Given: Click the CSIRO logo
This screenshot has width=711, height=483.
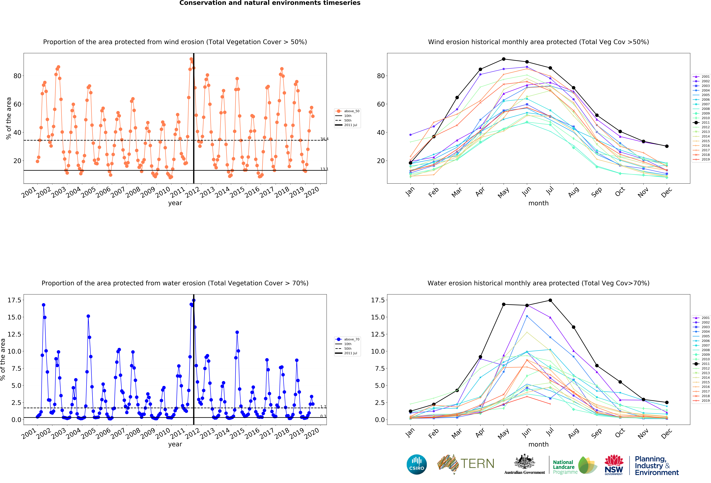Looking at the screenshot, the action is tap(417, 464).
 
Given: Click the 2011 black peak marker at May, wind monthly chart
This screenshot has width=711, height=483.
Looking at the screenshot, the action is tap(504, 59).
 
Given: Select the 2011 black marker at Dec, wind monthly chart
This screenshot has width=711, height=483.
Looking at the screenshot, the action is tap(667, 146).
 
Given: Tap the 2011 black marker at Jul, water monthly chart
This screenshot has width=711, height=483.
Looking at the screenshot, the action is tap(550, 300).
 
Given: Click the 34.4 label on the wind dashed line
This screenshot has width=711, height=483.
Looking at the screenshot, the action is tap(324, 139).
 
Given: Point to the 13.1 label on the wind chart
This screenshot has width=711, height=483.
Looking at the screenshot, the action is tap(324, 169).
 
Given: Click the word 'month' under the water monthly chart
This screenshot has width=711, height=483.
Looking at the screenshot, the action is tap(538, 444).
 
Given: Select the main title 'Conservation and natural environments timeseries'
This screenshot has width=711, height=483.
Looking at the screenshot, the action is tap(270, 3).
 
